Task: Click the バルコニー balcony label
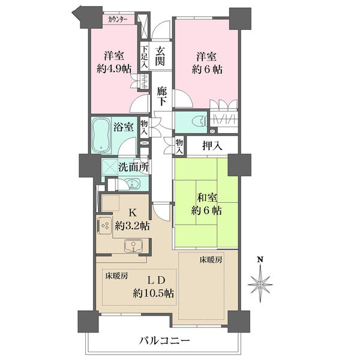click(x=164, y=340)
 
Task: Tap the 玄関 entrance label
click(x=160, y=56)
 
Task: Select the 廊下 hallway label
click(x=162, y=96)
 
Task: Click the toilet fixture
click(x=200, y=121)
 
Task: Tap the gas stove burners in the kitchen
click(x=104, y=226)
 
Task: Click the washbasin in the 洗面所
click(x=132, y=184)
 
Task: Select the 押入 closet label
click(x=212, y=146)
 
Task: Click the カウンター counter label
click(x=118, y=20)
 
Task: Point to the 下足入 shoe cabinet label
click(x=145, y=57)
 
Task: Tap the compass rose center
click(x=260, y=284)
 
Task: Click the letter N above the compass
click(x=260, y=260)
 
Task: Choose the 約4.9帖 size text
click(x=114, y=68)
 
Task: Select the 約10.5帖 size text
click(x=154, y=293)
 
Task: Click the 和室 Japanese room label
click(x=207, y=198)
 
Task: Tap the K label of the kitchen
click(x=132, y=213)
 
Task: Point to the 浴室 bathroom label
click(x=124, y=127)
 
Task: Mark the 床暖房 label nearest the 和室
click(x=211, y=260)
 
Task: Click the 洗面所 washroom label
click(x=133, y=168)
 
